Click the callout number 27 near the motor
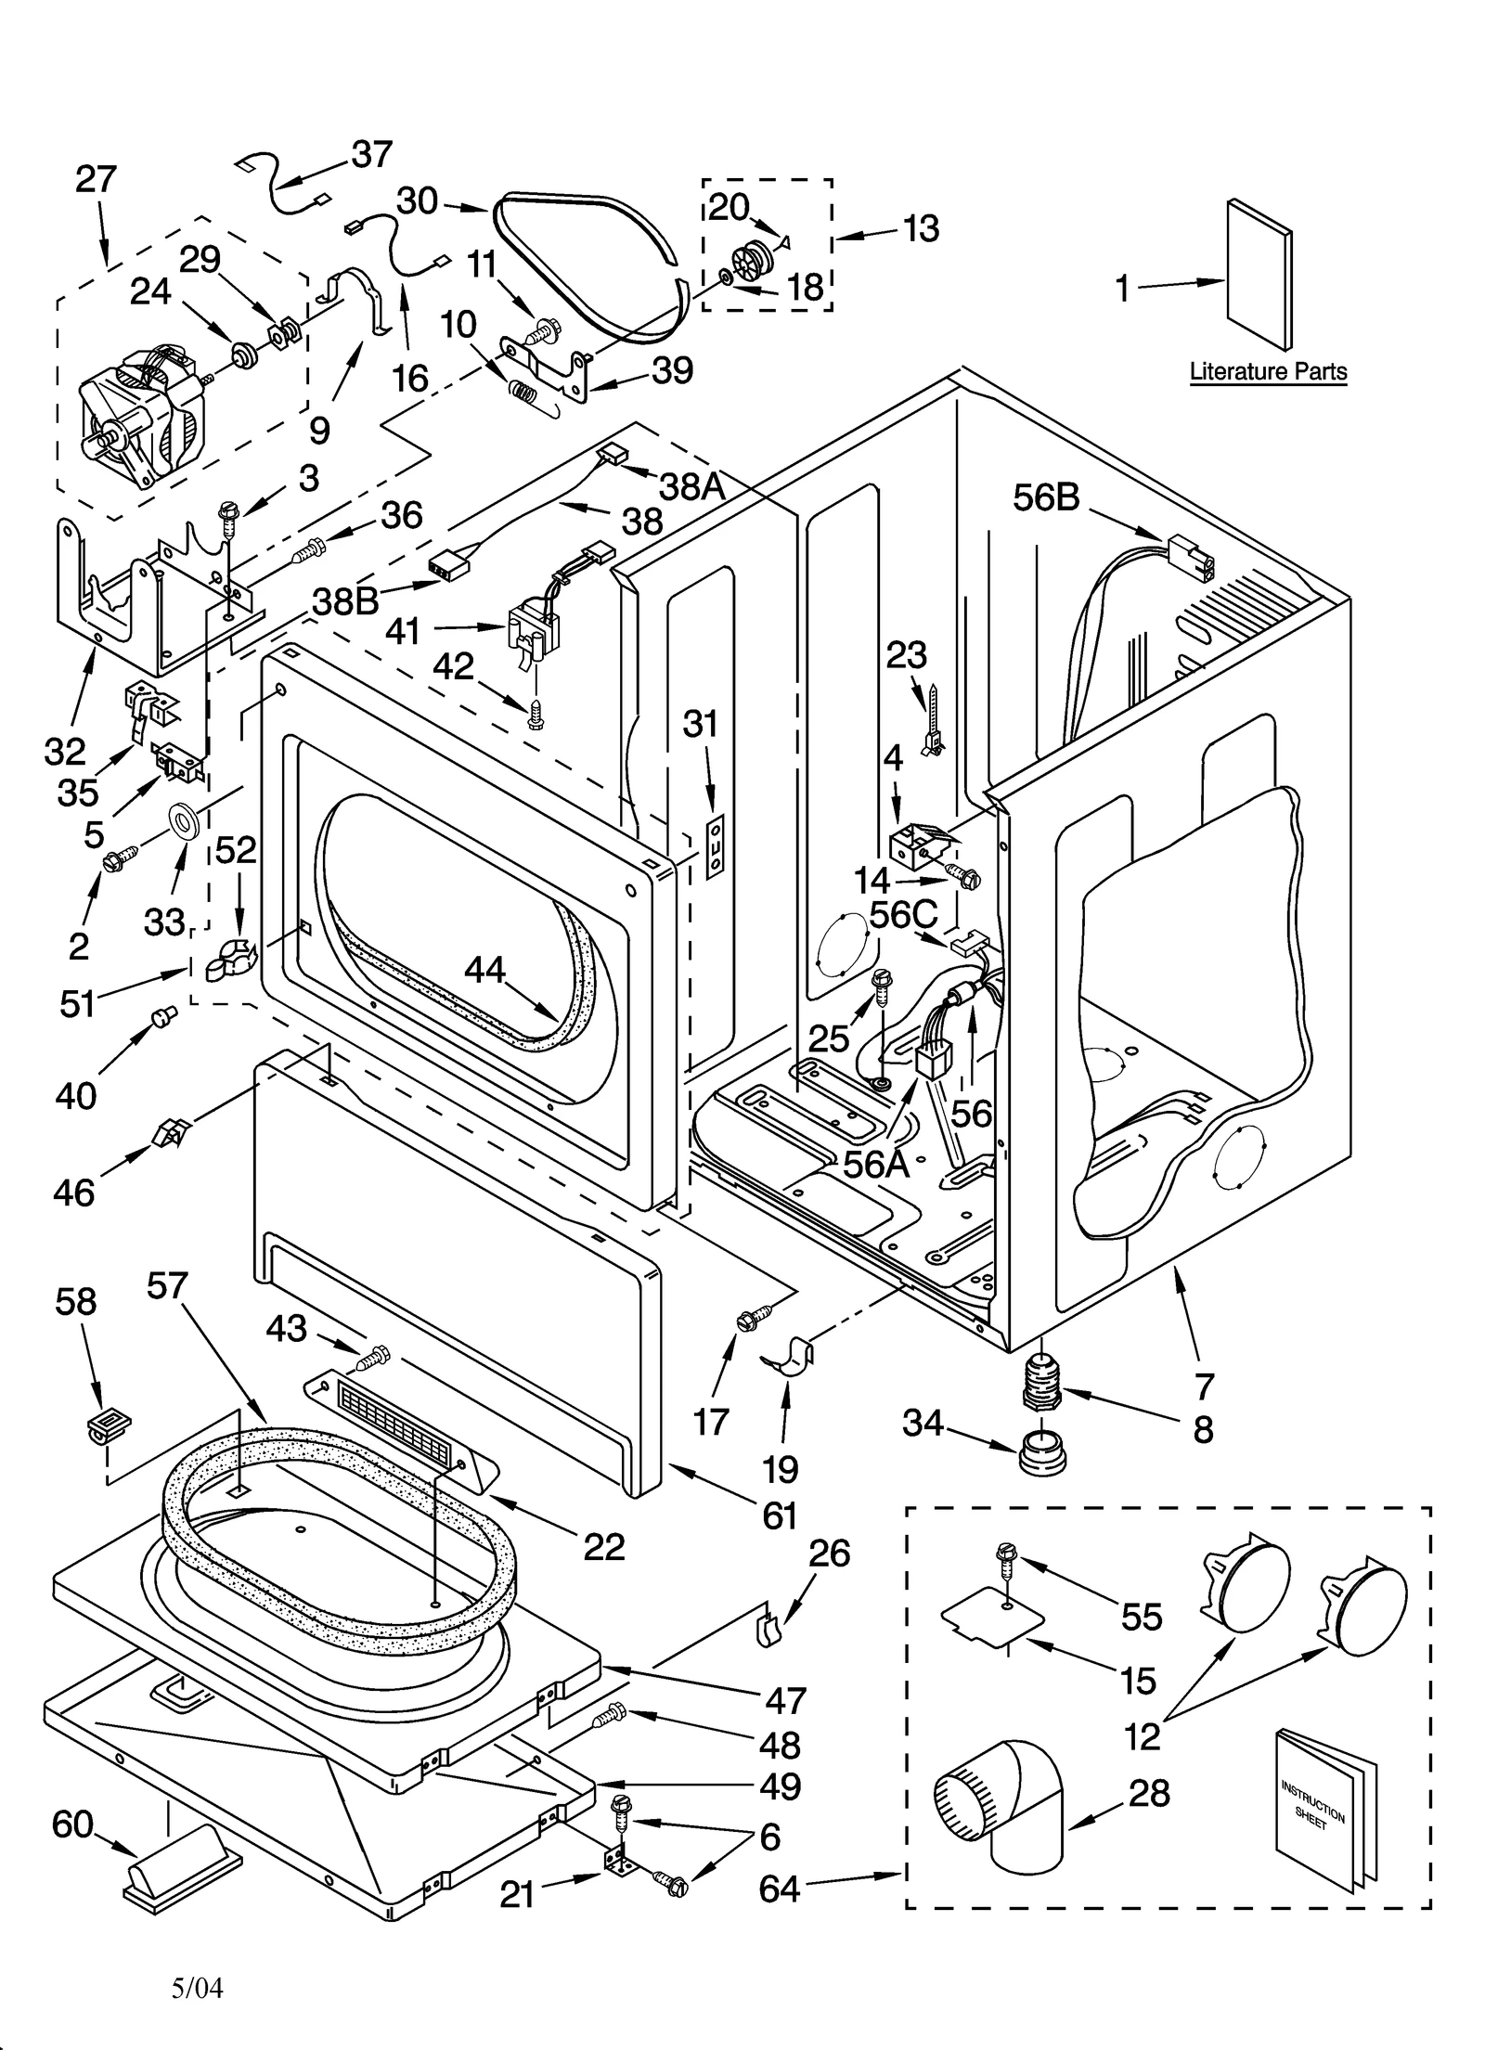(x=96, y=179)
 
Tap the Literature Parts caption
(x=1268, y=372)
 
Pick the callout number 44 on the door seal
(x=484, y=971)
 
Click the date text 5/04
(x=198, y=1988)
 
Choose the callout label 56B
(x=1046, y=498)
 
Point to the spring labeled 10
(x=525, y=393)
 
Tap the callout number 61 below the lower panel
(x=780, y=1515)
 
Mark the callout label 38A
(x=692, y=484)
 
